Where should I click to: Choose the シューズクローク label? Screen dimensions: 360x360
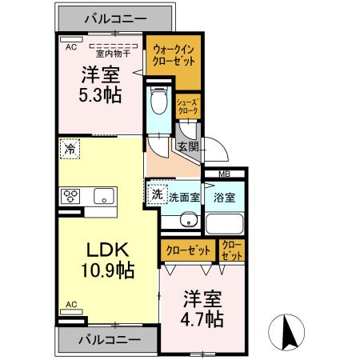pos(189,106)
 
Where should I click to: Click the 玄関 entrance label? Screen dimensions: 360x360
pos(188,146)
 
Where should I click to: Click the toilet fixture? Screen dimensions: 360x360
pos(158,103)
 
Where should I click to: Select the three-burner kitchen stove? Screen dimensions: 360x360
pos(71,196)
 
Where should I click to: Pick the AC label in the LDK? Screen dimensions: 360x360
pos(70,305)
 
